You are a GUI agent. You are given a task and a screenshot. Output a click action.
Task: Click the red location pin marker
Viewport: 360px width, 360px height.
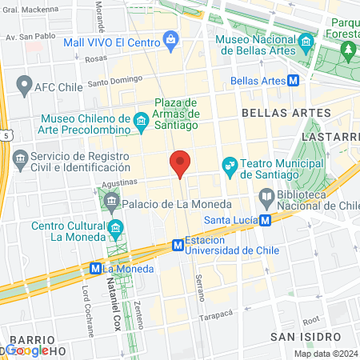[180, 162]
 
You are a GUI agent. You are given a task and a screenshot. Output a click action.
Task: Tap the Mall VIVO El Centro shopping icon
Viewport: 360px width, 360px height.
[170, 38]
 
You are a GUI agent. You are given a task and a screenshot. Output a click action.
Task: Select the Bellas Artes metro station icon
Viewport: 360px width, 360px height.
[294, 80]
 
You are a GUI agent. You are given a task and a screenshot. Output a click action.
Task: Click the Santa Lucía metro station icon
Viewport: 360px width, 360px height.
[265, 220]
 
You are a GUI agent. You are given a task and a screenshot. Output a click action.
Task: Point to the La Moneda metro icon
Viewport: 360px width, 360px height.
[96, 269]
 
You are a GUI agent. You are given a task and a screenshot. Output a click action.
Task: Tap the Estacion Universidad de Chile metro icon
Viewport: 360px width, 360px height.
[177, 245]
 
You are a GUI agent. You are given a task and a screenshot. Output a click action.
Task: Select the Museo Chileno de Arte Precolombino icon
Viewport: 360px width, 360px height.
[142, 122]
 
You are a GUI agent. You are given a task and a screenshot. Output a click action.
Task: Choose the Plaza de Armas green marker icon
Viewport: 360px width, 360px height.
[162, 103]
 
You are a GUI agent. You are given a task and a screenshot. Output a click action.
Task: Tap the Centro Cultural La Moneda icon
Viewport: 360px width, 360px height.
[115, 228]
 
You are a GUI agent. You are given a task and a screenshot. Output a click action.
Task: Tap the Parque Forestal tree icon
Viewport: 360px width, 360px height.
[348, 50]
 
